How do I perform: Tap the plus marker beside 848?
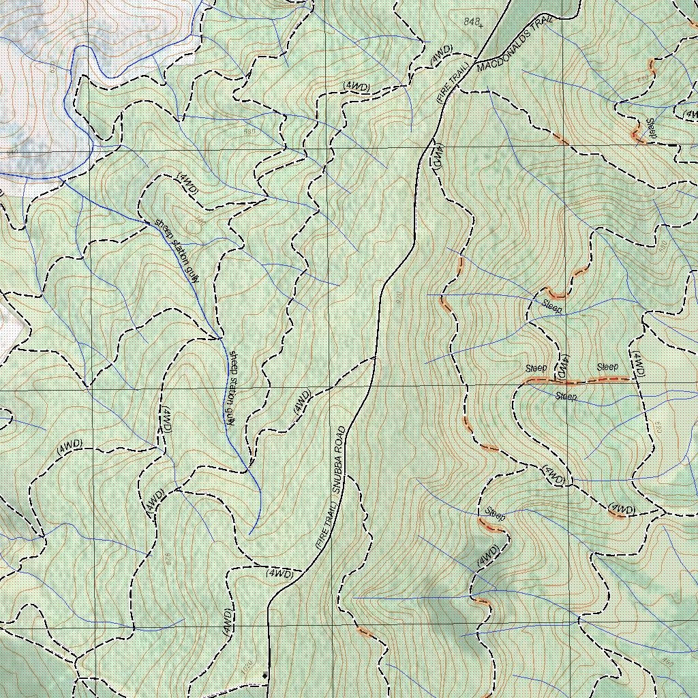pyautogui.click(x=481, y=26)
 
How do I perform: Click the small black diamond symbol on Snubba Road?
pyautogui.click(x=265, y=675)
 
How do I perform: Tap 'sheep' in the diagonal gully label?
pyautogui.click(x=162, y=226)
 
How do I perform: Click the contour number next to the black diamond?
pyautogui.click(x=247, y=666)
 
